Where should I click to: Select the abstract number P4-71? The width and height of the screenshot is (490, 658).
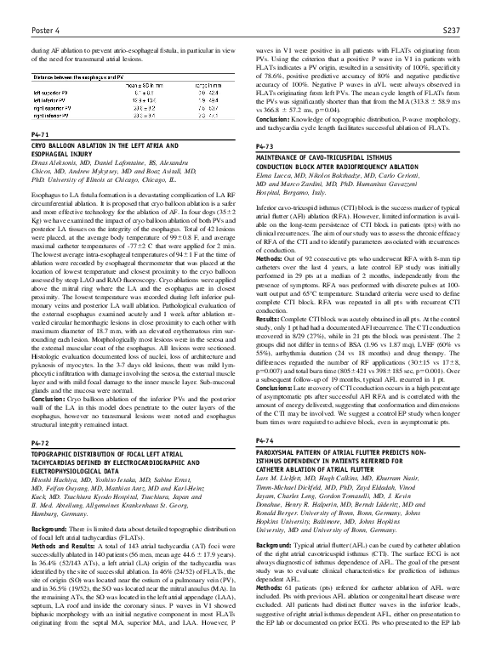[x=39, y=135]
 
